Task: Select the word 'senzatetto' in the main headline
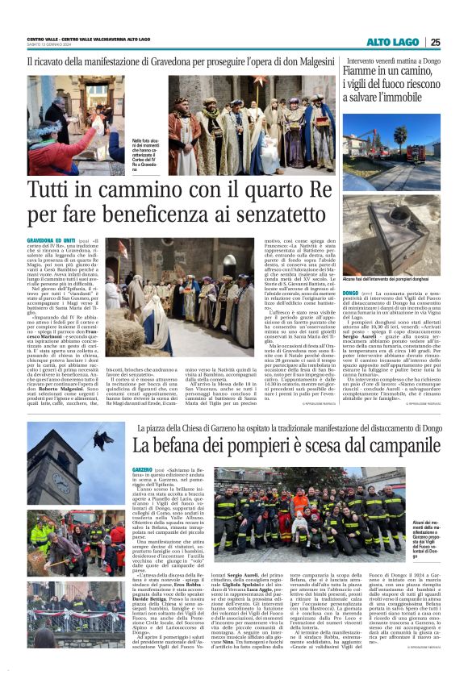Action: click(261, 216)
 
